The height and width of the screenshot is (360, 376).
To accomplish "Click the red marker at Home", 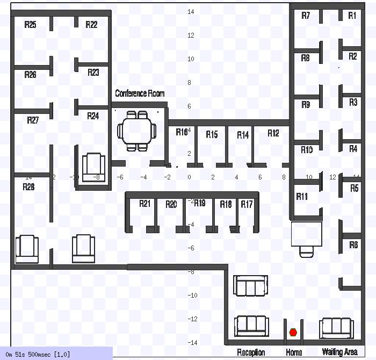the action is (x=293, y=333).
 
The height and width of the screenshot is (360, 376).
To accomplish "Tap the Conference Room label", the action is (x=140, y=93).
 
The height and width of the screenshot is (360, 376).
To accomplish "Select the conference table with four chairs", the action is (x=136, y=130).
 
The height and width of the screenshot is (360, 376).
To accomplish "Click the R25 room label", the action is (x=31, y=25).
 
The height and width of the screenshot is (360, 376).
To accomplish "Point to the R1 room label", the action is (x=352, y=16).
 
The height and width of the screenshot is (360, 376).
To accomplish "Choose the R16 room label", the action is (x=182, y=132).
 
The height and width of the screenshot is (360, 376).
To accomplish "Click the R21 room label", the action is (x=145, y=204).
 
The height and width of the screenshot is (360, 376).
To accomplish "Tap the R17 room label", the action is (x=247, y=204).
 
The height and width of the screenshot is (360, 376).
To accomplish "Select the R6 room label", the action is (x=353, y=245).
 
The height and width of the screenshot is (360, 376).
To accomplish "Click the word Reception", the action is (x=251, y=352).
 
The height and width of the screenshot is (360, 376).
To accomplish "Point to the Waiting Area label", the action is (x=339, y=352).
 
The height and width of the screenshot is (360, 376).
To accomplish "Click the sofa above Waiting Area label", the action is (x=336, y=328).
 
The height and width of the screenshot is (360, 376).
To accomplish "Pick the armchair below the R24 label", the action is (x=93, y=166).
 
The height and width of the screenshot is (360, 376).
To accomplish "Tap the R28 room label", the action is (x=28, y=187).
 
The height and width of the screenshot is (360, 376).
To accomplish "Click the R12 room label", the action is (x=273, y=133).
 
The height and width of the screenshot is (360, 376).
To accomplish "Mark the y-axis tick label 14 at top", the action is (x=191, y=12).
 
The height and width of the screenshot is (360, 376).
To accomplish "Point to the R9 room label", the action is (x=306, y=105).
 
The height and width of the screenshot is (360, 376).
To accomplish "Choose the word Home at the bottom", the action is (x=294, y=352).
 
